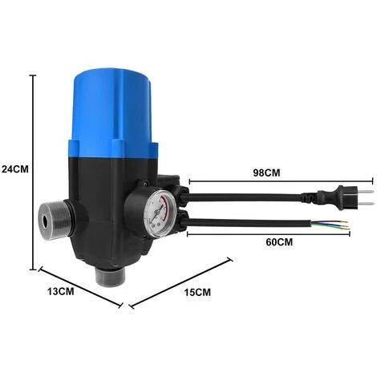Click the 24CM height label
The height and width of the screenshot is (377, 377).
coord(15,169)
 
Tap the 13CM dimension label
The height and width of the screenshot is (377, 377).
coord(61,291)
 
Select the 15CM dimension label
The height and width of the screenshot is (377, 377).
coord(197,292)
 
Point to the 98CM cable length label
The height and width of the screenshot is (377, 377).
coord(266,172)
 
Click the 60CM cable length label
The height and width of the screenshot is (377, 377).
coord(279,242)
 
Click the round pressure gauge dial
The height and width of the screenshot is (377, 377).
coord(160,213)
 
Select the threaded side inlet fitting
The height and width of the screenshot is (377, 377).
coord(55,219)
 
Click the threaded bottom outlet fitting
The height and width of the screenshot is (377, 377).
coord(110,277)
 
